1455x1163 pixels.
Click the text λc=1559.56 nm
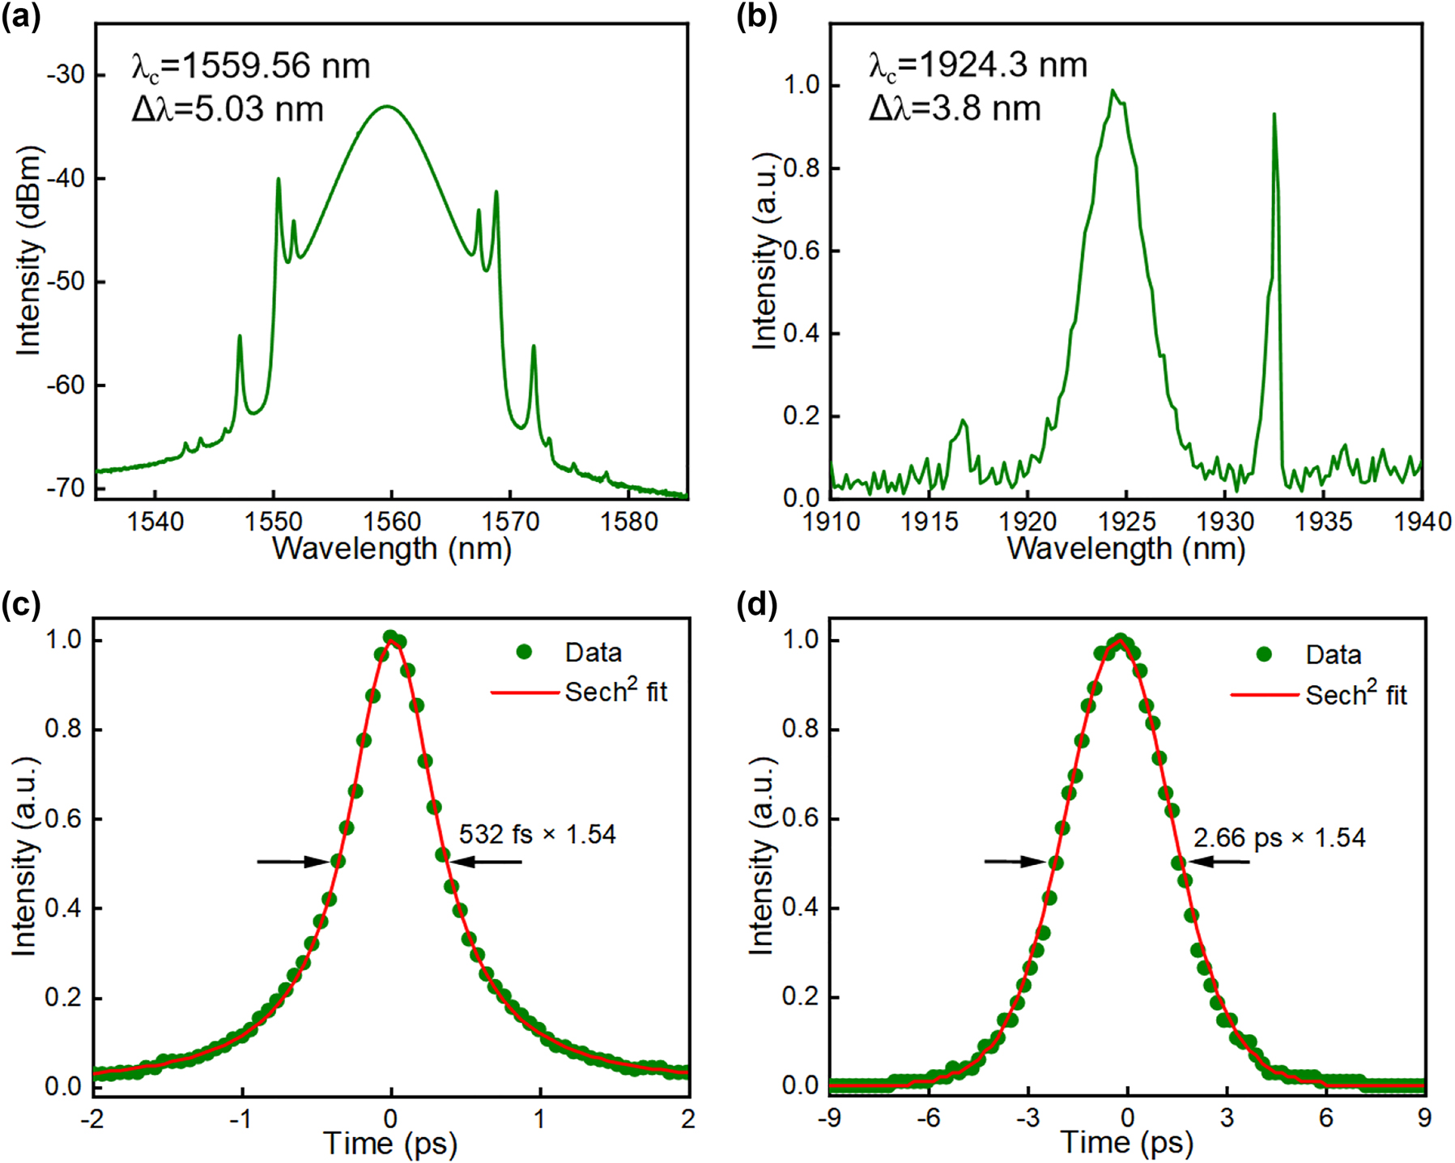pos(251,66)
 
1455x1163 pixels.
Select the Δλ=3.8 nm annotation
pos(955,109)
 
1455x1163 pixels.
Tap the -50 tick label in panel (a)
pos(65,282)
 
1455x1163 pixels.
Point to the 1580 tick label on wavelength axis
pos(629,521)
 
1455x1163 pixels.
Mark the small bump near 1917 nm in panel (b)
pos(963,422)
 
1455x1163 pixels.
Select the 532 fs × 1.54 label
pos(538,834)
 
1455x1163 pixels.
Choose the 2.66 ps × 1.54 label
pos(1279,837)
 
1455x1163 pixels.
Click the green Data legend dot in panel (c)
pos(524,652)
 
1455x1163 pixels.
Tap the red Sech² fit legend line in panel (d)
pos(1264,695)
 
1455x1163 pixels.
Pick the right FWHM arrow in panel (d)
pos(1219,862)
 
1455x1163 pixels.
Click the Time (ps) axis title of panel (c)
pos(391,1144)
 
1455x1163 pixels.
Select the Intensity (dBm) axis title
pos(29,251)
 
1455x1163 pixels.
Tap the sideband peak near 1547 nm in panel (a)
pos(240,337)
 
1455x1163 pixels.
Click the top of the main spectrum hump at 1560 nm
pos(388,106)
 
